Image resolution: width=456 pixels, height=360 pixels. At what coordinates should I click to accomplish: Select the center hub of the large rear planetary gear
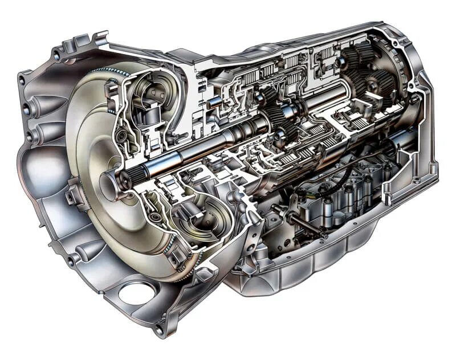[x=371, y=85]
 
